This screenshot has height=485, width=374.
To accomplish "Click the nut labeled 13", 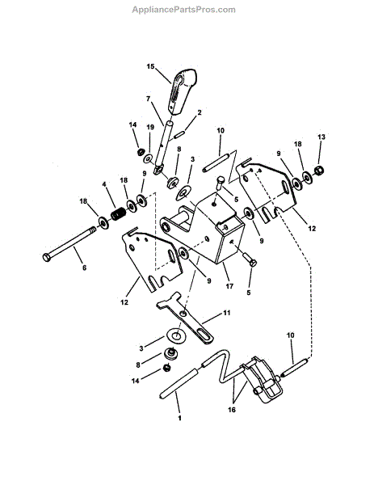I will (318, 170).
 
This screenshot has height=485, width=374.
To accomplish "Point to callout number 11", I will (227, 311).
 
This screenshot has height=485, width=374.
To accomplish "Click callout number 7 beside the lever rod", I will (148, 99).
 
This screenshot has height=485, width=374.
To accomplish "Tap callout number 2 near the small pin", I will (199, 112).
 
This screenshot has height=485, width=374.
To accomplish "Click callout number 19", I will (150, 127).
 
